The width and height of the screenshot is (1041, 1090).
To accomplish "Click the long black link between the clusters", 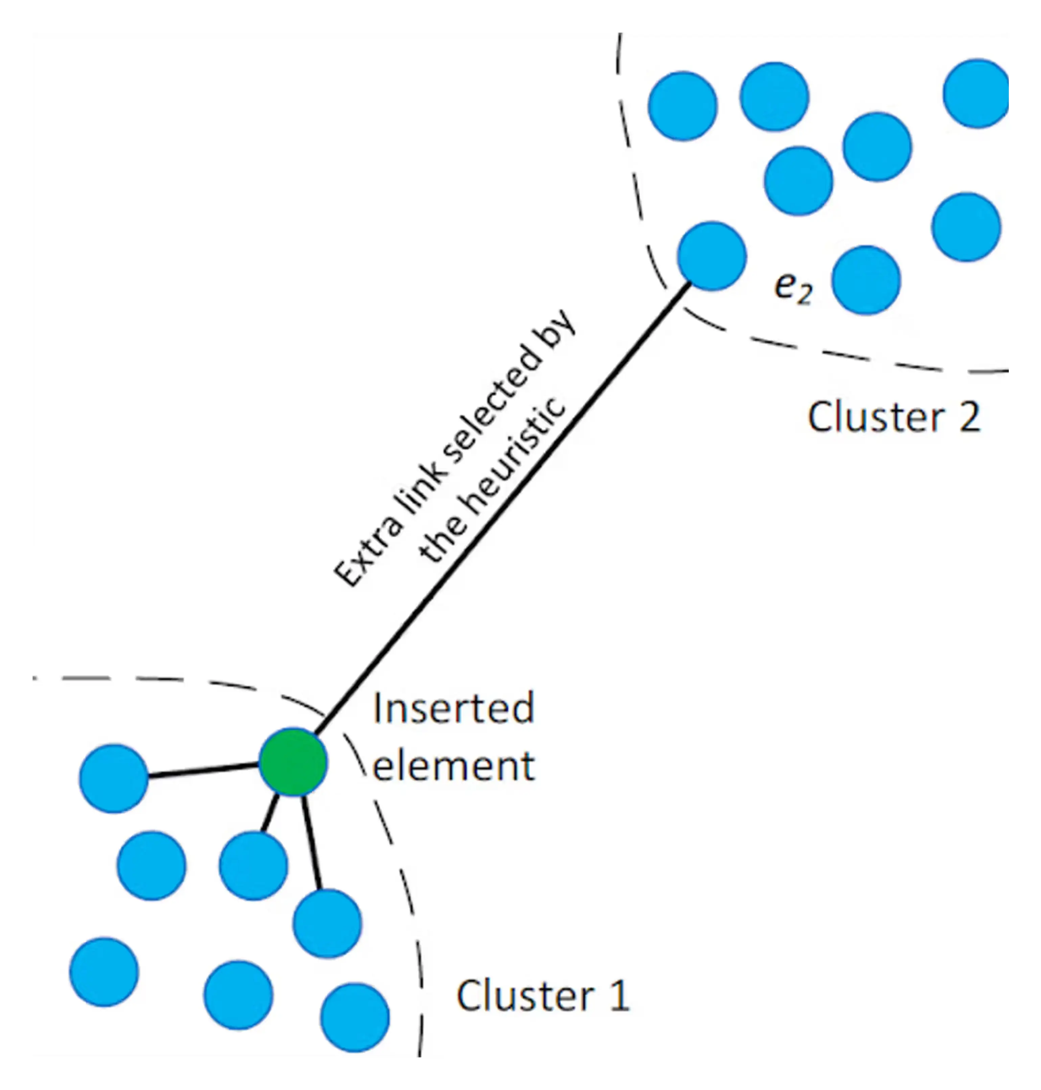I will pyautogui.click(x=499, y=508).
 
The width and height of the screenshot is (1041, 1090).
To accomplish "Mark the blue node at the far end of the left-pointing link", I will pyautogui.click(x=114, y=779).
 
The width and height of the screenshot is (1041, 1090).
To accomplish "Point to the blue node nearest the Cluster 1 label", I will pyautogui.click(x=355, y=1017).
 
